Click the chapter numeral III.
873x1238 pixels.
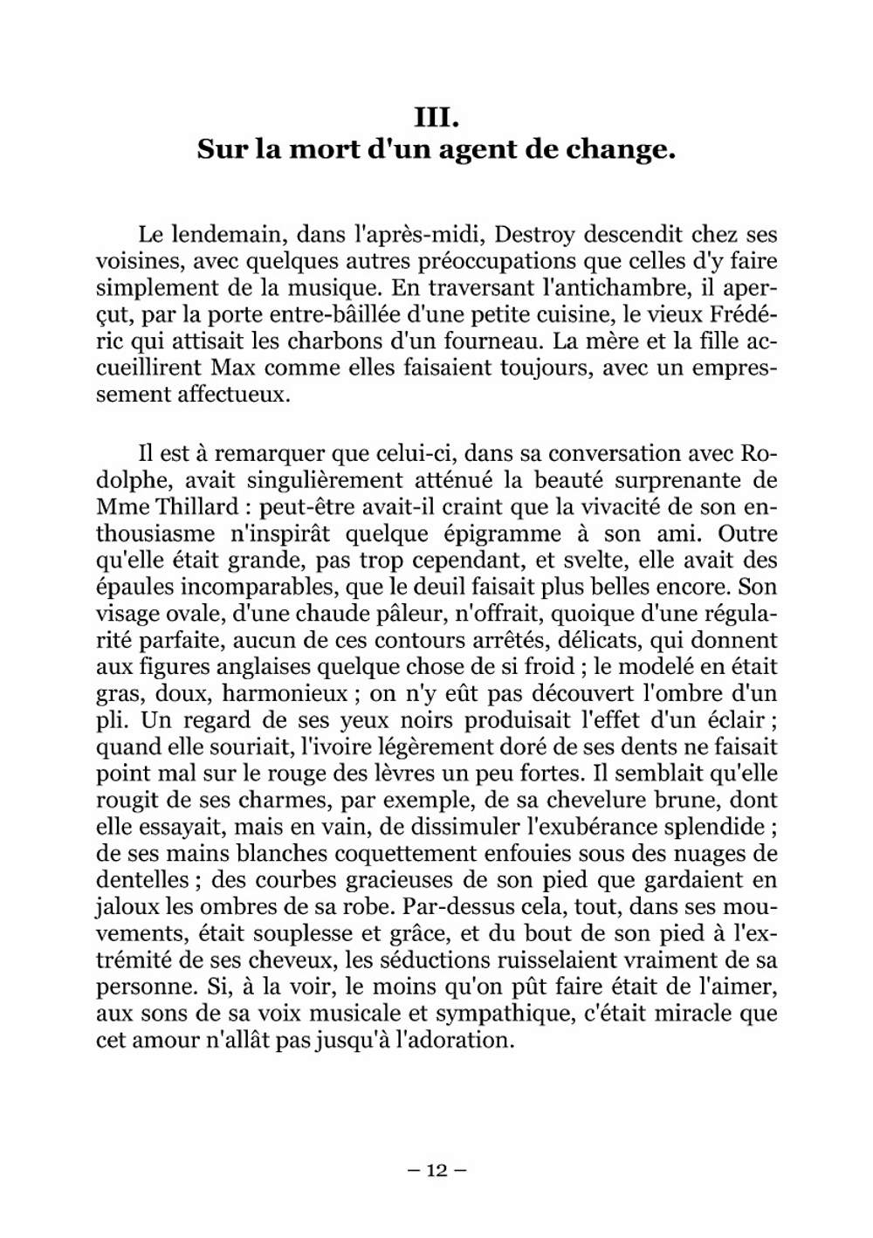pyautogui.click(x=436, y=115)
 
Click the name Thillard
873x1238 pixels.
pyautogui.click(x=186, y=506)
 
